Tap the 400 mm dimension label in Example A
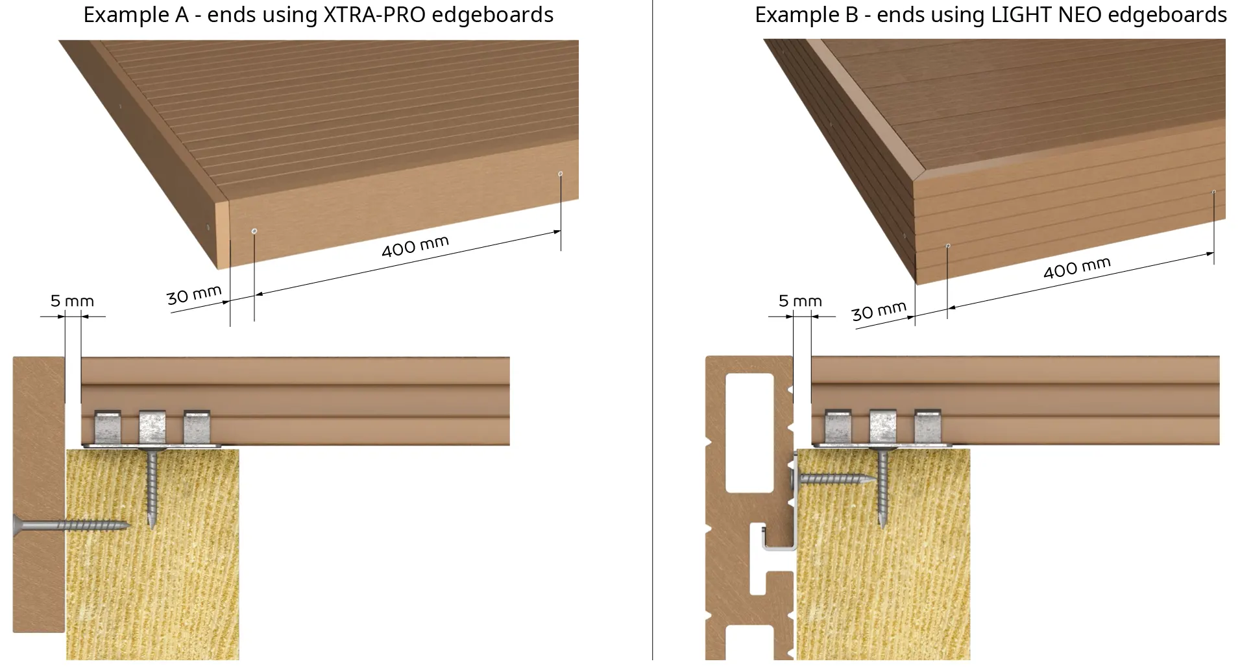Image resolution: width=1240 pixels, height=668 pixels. pos(415,246)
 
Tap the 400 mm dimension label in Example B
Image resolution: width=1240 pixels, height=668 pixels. pos(1076,267)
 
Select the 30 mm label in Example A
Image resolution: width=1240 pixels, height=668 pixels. pos(193,295)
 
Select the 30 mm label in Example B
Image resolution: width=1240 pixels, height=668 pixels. pos(878,311)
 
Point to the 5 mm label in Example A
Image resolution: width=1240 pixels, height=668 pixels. pos(72,301)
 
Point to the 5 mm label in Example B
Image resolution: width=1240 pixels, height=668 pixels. pos(800,301)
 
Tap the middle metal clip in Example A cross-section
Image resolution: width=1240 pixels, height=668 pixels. pos(152,427)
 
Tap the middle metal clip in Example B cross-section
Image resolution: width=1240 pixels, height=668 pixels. pos(882,427)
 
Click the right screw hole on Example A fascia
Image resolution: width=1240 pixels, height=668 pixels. pos(561,174)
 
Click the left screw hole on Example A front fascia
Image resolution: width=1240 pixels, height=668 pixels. pos(254,231)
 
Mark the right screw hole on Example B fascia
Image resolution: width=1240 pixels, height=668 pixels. pos(1213,192)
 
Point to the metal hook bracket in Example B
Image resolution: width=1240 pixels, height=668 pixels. pos(779,542)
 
